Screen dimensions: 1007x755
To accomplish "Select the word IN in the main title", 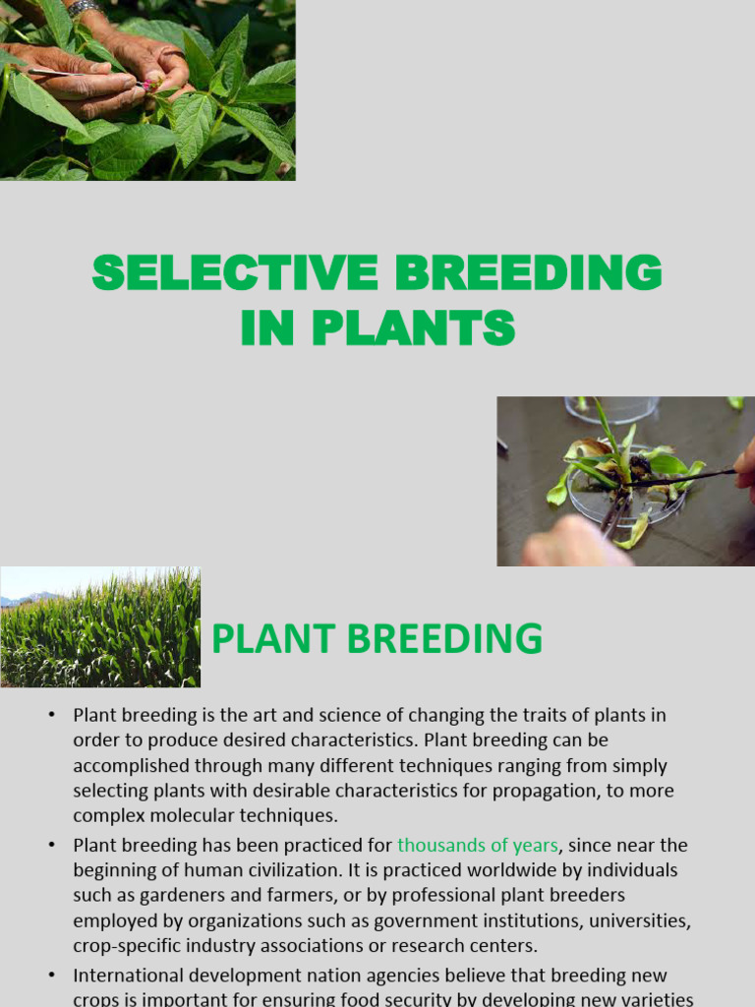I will (x=268, y=327).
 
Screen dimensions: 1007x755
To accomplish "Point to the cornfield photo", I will (x=100, y=627).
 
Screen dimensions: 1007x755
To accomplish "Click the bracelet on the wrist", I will (x=83, y=7).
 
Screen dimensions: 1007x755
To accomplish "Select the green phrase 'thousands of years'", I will (x=478, y=845).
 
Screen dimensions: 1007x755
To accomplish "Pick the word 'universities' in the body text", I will (x=641, y=921).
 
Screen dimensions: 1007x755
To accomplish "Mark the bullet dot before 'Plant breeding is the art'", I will (x=51, y=714).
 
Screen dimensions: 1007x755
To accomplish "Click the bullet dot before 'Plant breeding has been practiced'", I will (x=51, y=845).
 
